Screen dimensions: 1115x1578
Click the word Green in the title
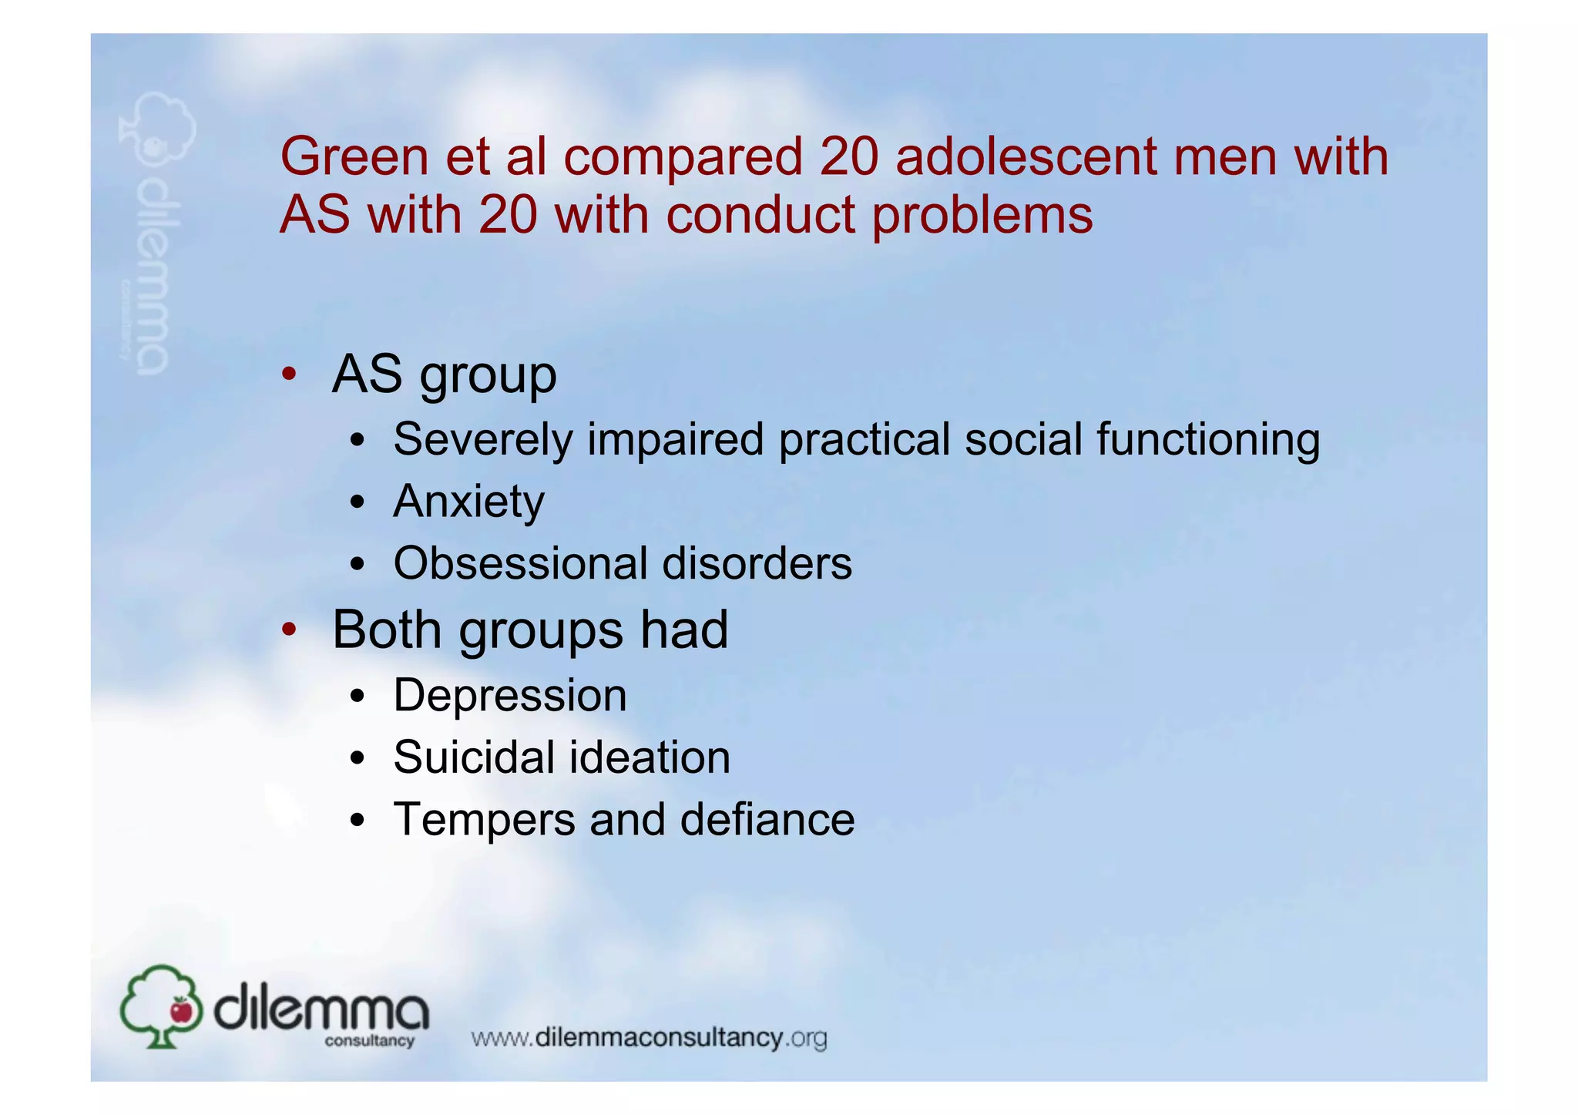(354, 156)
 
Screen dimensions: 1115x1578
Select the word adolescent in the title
(1026, 156)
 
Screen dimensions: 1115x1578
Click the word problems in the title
(982, 216)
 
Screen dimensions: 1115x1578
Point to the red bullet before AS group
(289, 374)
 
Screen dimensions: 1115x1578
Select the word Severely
(482, 440)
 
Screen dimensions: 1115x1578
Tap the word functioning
(1207, 440)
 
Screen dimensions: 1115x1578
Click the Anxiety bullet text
(468, 502)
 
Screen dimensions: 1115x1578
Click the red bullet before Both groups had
(289, 630)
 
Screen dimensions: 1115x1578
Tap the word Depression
(510, 696)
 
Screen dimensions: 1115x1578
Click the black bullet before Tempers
(356, 821)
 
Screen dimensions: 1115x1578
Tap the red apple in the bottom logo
(182, 1010)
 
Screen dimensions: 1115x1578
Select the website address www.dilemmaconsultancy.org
(649, 1038)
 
